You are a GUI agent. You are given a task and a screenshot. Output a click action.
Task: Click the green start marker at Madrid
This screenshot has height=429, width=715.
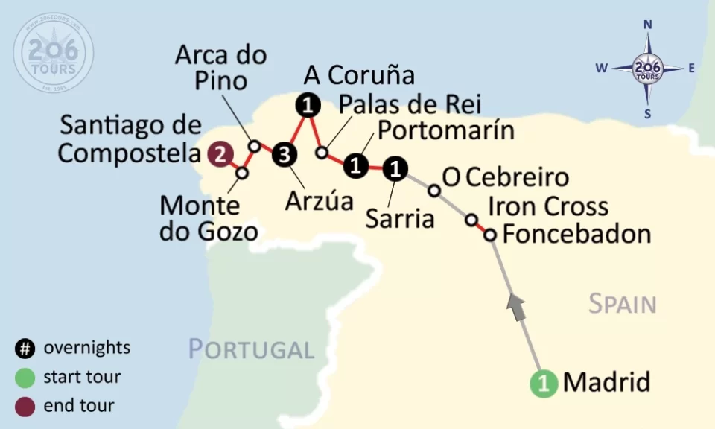544,384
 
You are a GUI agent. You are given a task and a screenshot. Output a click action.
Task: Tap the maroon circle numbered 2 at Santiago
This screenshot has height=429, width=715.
220,155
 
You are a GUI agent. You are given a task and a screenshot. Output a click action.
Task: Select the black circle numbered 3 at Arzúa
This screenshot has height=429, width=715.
284,155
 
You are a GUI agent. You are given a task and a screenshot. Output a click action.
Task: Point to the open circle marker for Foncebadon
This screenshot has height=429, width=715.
490,235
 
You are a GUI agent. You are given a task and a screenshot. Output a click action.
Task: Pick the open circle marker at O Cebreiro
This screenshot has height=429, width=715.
434,191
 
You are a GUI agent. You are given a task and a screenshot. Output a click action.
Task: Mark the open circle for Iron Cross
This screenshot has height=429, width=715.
471,220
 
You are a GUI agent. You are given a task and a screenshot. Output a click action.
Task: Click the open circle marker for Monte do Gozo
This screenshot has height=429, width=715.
242,173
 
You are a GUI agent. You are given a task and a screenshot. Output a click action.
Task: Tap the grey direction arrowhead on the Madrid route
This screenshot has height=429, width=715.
516,302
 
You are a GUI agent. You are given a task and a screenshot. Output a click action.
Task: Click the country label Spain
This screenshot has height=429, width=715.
622,304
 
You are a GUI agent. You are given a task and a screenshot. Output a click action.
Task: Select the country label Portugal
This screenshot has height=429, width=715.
251,349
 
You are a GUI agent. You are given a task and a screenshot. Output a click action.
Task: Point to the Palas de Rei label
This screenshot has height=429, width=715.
410,104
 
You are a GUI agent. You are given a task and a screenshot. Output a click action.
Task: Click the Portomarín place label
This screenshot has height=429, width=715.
446,130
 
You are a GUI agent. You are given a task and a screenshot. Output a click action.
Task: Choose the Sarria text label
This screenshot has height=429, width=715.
400,219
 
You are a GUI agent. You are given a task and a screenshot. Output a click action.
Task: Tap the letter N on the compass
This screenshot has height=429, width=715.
648,25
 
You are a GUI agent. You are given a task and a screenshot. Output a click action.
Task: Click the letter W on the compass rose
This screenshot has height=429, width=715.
600,69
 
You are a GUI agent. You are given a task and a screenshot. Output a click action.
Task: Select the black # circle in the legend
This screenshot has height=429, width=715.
25,348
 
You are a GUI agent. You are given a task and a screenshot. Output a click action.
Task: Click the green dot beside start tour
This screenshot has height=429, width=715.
25,377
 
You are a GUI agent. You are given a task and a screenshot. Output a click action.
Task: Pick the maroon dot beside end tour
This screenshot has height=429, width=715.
25,406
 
